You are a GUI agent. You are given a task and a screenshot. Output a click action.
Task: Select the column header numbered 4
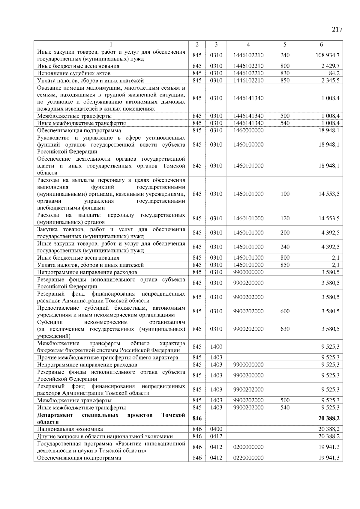248,44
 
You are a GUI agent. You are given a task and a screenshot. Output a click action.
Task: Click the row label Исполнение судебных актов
74,73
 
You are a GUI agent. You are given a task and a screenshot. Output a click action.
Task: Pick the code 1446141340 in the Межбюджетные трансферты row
248,116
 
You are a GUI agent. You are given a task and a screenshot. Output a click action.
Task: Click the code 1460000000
248,130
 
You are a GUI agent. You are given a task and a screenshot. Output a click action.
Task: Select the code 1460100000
248,144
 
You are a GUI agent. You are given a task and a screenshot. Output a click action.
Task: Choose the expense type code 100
285,194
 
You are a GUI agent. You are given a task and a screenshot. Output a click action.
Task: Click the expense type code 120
285,219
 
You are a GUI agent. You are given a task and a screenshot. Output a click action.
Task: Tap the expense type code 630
285,329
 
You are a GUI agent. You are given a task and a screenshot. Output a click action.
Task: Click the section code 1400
216,347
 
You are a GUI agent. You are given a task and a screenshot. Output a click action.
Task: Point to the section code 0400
216,429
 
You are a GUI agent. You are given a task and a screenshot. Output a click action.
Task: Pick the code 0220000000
248,458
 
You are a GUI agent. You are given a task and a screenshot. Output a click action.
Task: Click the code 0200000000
248,447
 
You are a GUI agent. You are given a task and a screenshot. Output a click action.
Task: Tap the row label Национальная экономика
70,429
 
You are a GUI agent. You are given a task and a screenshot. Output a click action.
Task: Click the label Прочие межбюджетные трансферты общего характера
107,357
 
